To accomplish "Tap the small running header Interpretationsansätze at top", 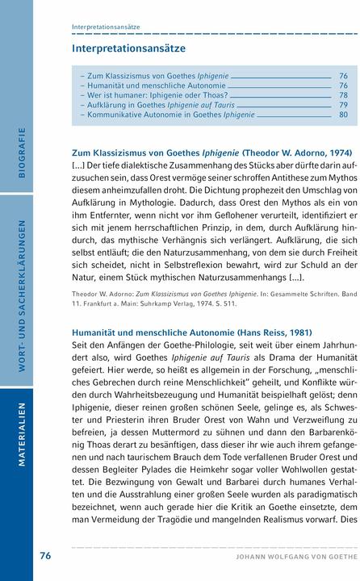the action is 106,27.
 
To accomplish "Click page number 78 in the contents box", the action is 343,94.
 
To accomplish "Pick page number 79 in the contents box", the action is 343,105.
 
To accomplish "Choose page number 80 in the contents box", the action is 343,115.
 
